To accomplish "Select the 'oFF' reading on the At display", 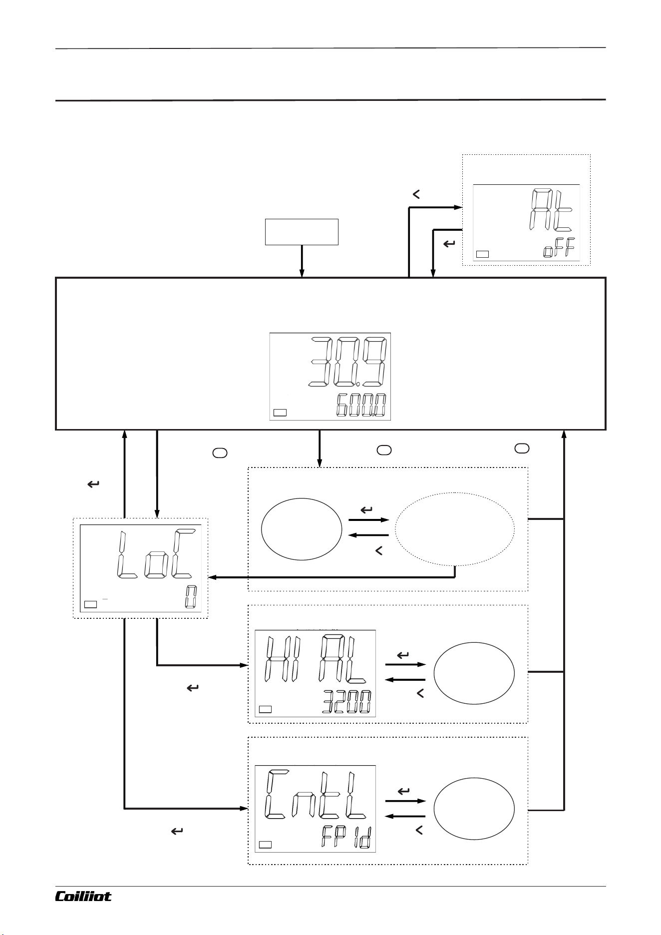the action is tap(559, 248).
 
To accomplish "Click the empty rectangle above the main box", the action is tap(302, 232).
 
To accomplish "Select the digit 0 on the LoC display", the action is tap(190, 597).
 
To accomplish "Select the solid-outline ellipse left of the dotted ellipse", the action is tap(302, 528).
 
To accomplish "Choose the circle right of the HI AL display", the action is tap(474, 673).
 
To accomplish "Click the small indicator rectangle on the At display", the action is tap(482, 254).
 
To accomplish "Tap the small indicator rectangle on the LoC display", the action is tap(90, 604).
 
